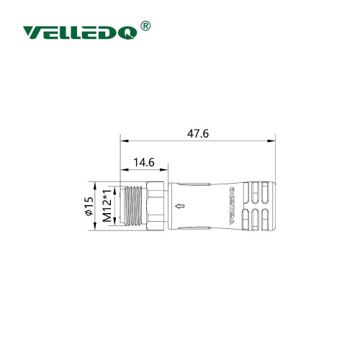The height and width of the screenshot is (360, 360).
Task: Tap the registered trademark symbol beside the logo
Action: coord(144,26)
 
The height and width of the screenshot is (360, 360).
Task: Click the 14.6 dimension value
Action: coord(141,163)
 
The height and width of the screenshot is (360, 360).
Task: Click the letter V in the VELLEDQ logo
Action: coord(33,32)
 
